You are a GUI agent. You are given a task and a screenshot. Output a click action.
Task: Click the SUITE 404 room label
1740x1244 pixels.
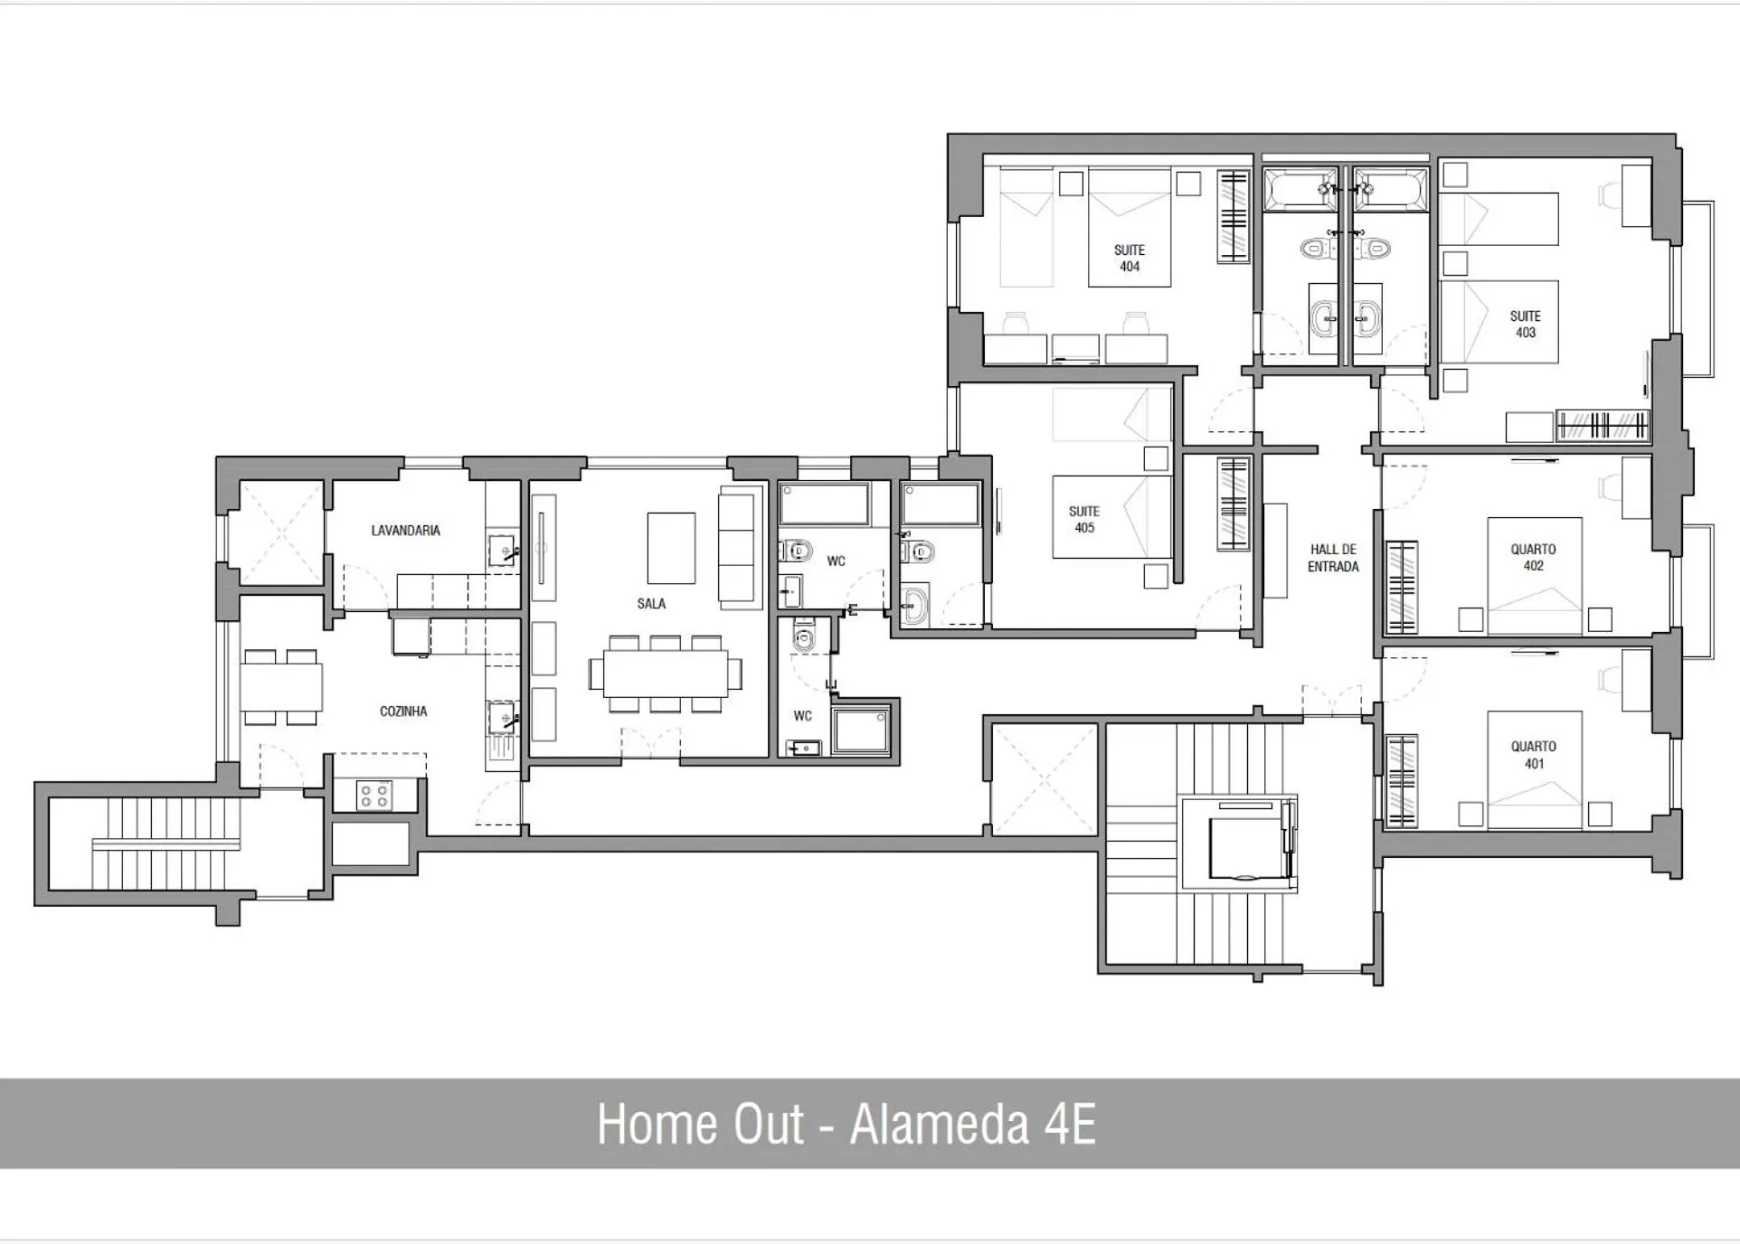(x=1129, y=258)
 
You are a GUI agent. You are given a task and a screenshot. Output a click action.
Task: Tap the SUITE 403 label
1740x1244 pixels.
(x=1525, y=324)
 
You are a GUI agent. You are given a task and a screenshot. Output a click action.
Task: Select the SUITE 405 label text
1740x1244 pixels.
(x=1083, y=519)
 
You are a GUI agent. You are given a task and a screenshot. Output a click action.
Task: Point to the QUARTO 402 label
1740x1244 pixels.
(x=1533, y=557)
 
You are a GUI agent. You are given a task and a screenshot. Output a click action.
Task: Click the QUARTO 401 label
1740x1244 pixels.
(x=1533, y=754)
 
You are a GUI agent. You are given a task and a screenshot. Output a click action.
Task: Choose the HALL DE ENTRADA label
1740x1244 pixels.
(x=1333, y=557)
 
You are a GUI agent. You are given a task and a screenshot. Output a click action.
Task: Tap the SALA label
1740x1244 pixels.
(x=650, y=603)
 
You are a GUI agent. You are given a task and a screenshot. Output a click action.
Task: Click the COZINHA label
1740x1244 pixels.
(x=402, y=711)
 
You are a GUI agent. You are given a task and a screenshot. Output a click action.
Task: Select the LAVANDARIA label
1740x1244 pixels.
(x=405, y=530)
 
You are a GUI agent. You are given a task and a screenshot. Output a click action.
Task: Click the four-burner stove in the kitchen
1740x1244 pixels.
(x=374, y=796)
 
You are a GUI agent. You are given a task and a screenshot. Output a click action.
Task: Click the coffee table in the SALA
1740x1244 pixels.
(x=671, y=548)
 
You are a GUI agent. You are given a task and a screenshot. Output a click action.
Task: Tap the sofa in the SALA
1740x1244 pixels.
(x=736, y=548)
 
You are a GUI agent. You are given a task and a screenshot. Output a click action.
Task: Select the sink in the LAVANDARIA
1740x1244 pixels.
(x=501, y=550)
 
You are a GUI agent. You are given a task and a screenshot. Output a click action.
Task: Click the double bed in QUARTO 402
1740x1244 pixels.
(x=1534, y=576)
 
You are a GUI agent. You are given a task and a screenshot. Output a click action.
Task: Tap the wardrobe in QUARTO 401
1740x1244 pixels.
(x=1401, y=781)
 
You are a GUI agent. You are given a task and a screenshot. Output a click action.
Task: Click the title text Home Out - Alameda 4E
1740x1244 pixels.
(x=846, y=1124)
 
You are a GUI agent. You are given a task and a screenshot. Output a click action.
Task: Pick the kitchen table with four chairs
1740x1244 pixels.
(x=280, y=687)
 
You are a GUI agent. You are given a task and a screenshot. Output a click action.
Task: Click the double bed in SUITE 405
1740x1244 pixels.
(x=1111, y=516)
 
